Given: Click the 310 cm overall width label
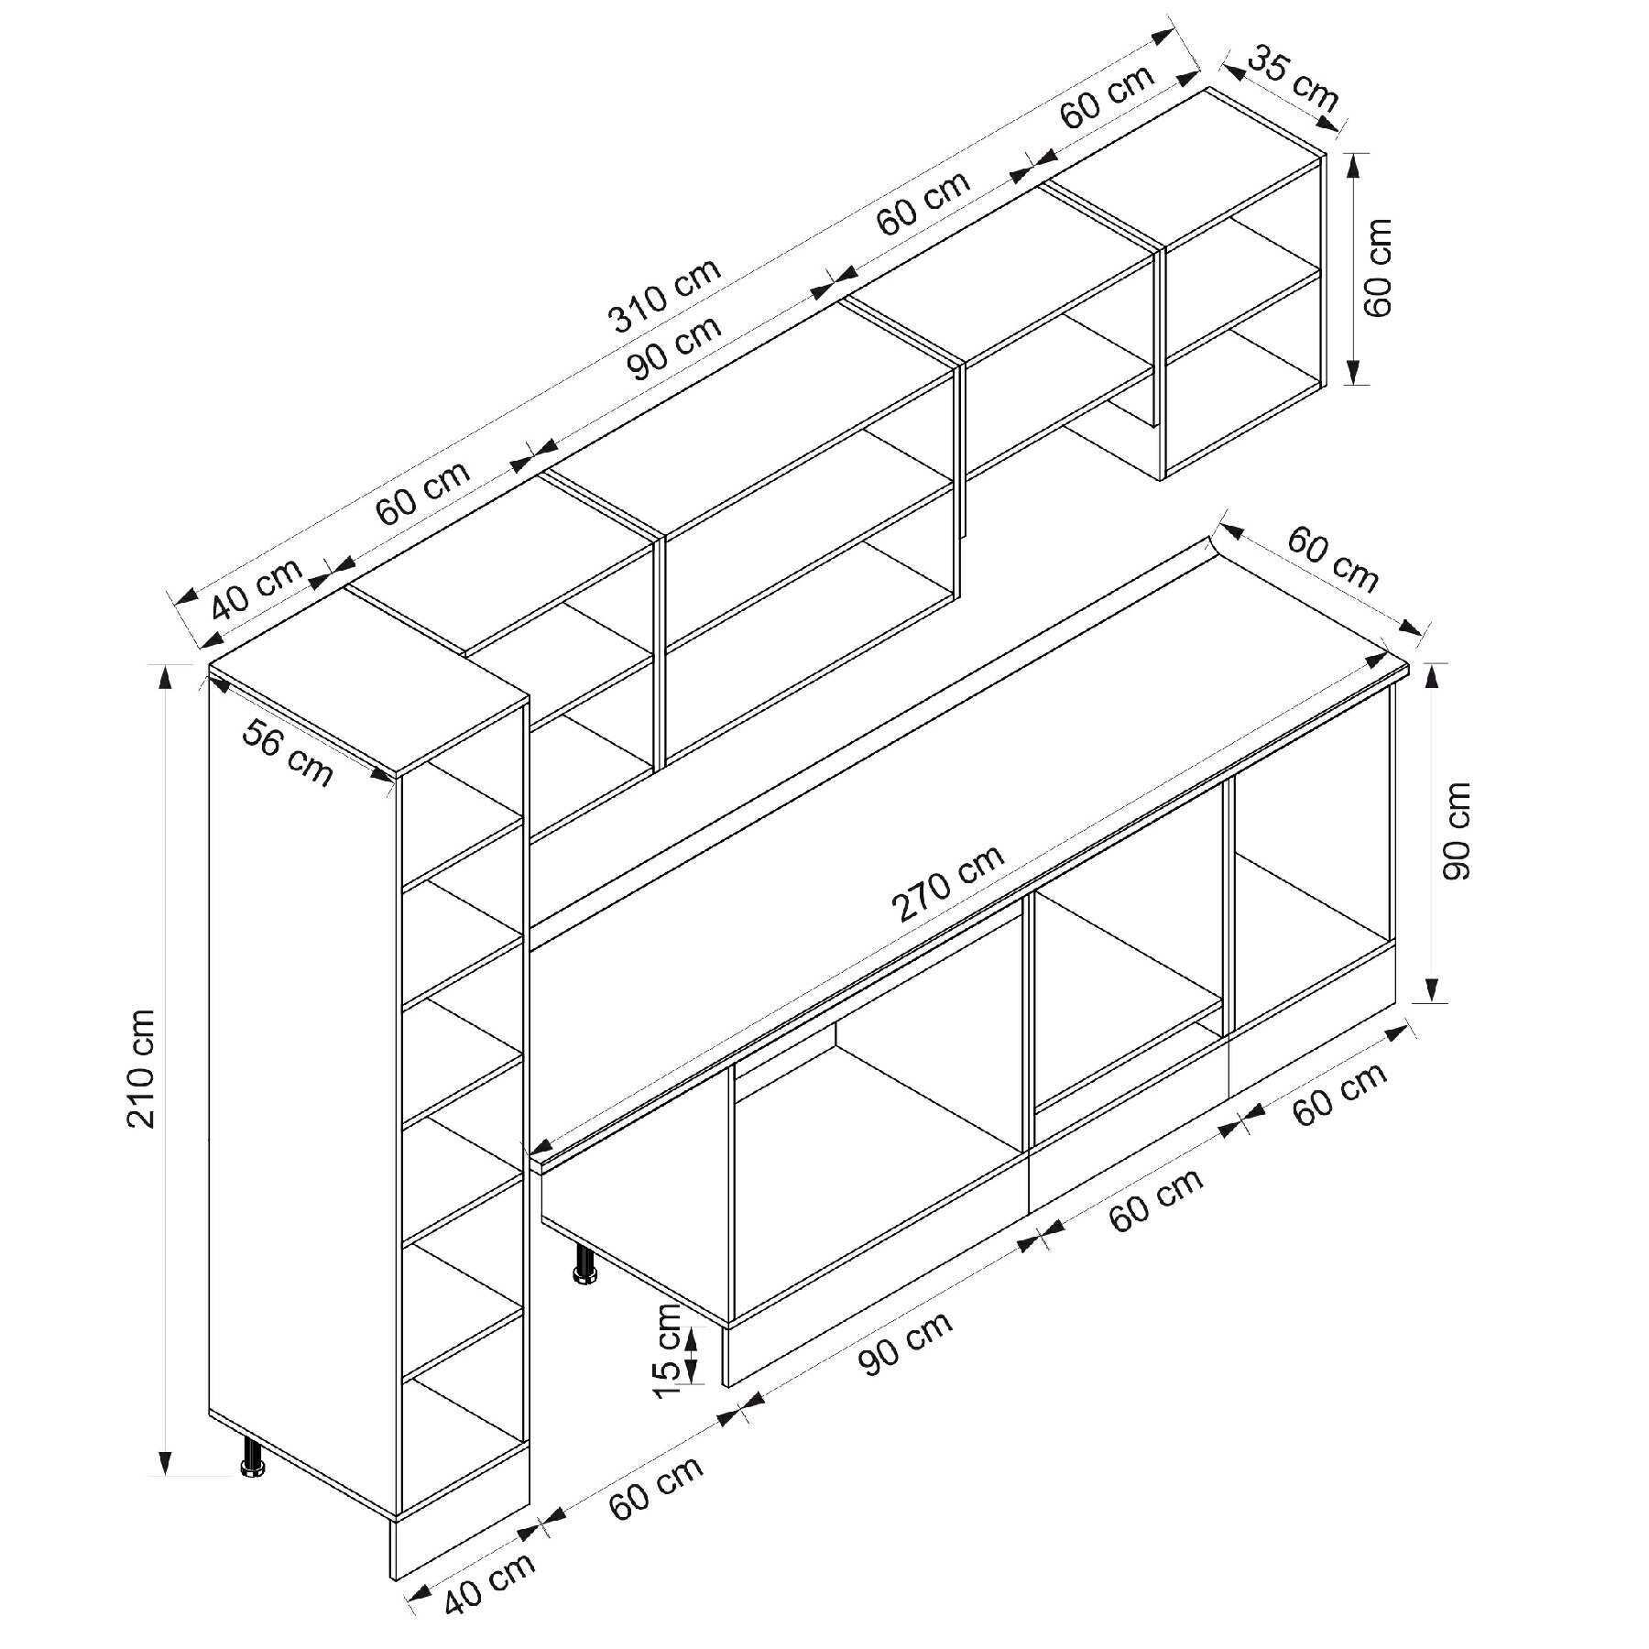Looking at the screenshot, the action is [665, 294].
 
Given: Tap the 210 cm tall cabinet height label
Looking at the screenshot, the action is [142, 1068].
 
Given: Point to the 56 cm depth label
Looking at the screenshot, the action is [288, 752].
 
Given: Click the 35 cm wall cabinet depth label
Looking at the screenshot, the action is [1294, 77].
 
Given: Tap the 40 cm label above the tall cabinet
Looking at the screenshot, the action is [257, 589].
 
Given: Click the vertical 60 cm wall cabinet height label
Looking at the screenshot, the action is [1377, 268].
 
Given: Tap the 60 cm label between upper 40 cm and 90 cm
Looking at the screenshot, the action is [423, 492].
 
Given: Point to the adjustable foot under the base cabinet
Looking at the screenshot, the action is [584, 1262].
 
